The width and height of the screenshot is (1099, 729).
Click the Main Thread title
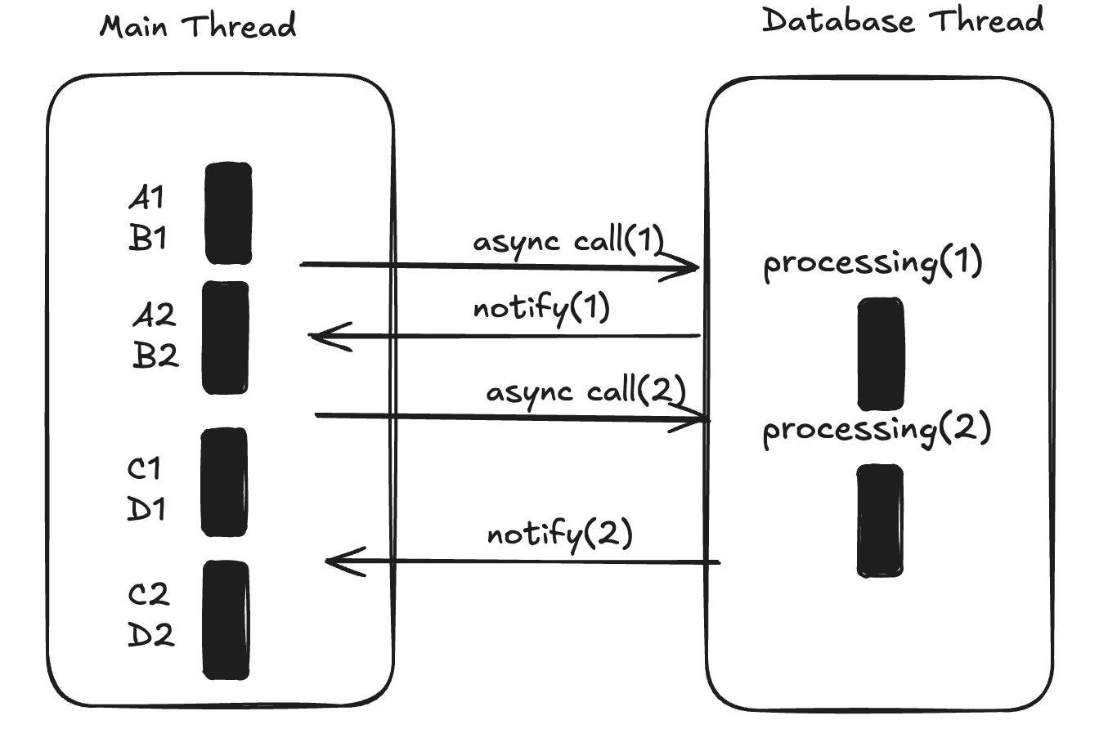click(198, 27)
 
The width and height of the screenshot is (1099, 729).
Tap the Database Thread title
click(903, 21)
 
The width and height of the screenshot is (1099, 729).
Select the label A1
click(147, 198)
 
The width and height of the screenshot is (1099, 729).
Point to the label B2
click(155, 356)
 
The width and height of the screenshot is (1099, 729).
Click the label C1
click(146, 469)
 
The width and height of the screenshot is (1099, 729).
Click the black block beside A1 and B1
click(228, 213)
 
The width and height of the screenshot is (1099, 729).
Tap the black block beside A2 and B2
click(226, 338)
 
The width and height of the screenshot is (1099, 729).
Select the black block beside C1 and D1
click(224, 482)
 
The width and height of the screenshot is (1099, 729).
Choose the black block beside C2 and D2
click(226, 619)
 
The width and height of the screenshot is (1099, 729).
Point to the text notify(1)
click(541, 311)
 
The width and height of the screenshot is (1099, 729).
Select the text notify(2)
click(559, 535)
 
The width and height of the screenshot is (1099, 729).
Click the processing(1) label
click(872, 264)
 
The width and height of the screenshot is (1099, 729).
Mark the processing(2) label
click(877, 430)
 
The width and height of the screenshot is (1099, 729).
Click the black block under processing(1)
click(881, 353)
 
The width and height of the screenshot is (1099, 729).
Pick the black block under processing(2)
click(880, 521)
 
